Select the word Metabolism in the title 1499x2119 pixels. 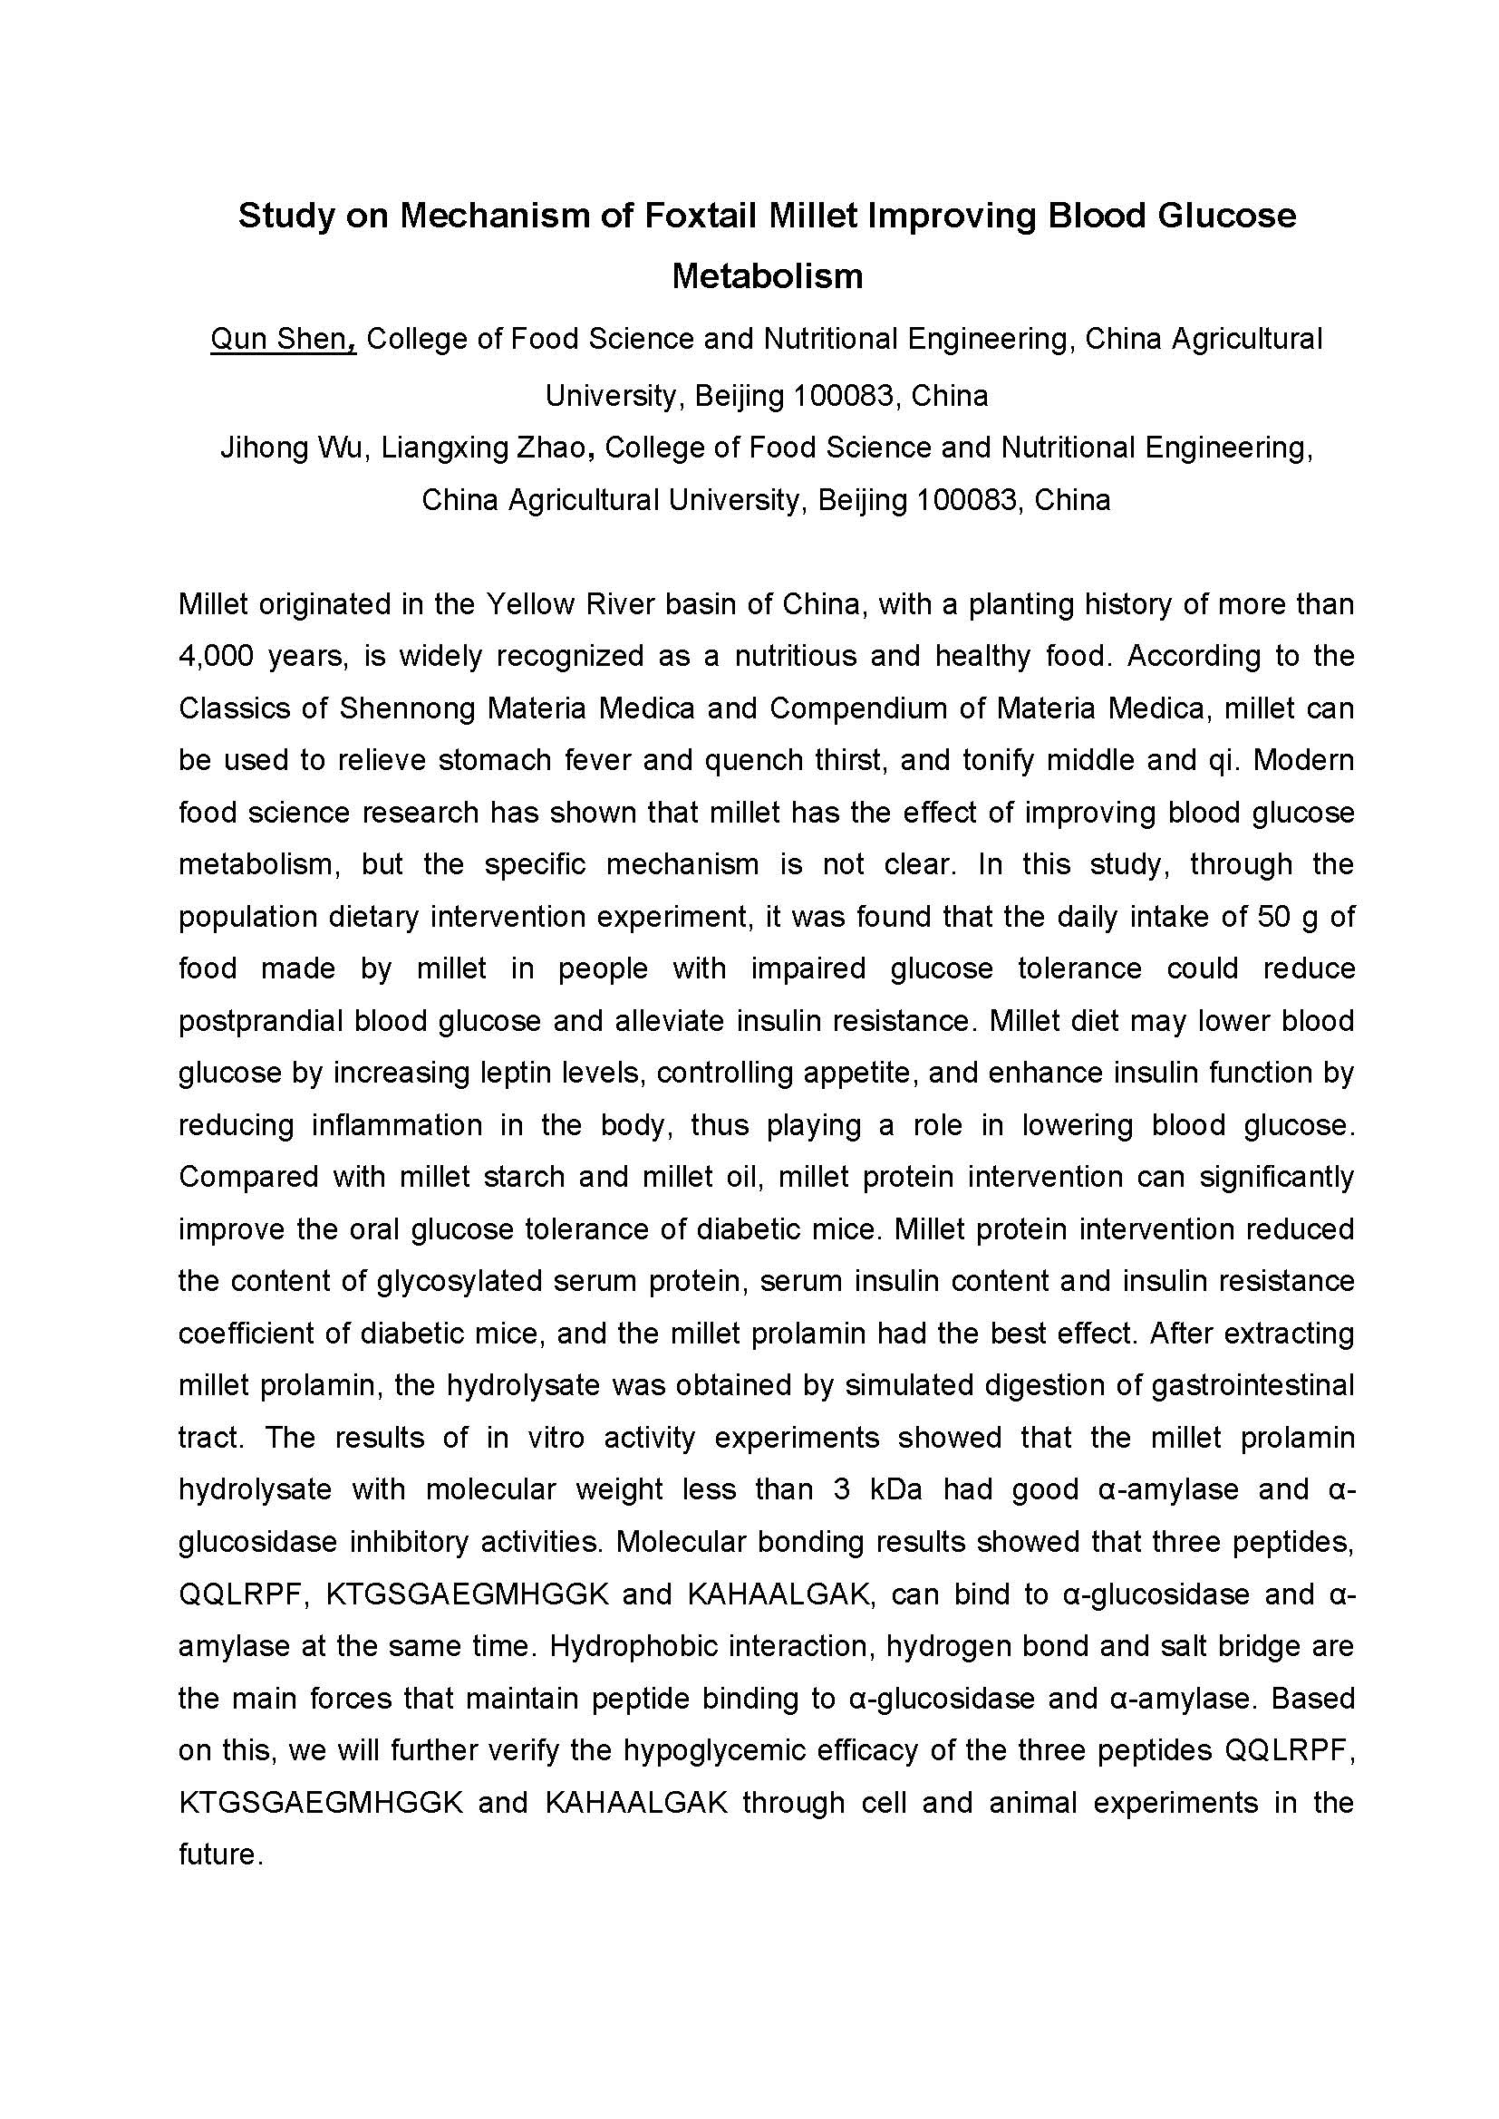pos(767,276)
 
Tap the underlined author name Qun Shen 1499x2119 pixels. pos(282,340)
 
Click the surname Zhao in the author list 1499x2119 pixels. pos(553,448)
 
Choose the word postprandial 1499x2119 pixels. pos(259,1021)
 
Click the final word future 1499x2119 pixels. pos(220,1854)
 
